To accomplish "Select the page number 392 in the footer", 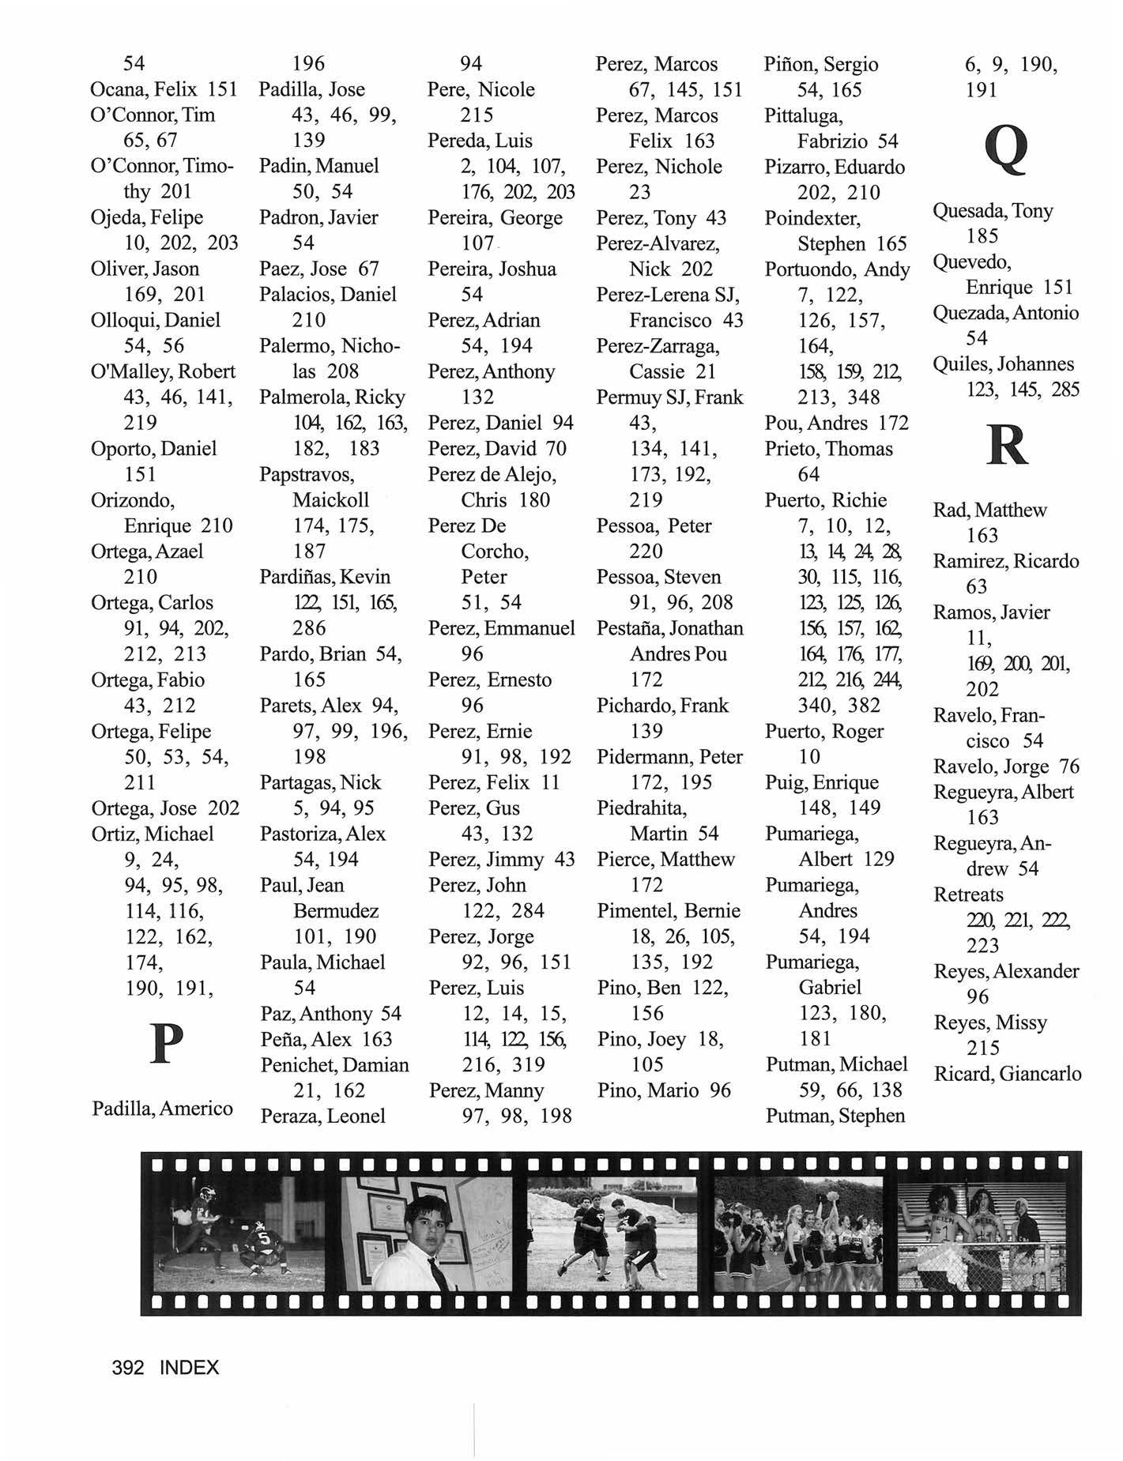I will (x=128, y=1367).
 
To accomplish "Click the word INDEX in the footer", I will (x=189, y=1367).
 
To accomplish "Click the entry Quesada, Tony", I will (x=993, y=211).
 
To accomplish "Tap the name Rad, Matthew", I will (x=989, y=510).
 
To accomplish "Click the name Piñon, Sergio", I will (x=820, y=64).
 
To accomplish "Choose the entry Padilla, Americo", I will (x=162, y=1108).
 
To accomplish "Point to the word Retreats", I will (x=968, y=894).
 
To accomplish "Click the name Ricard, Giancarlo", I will (x=1007, y=1074).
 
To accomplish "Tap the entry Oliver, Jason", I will (x=145, y=269).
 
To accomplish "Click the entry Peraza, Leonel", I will (x=322, y=1116).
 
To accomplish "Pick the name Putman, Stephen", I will (x=835, y=1116).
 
